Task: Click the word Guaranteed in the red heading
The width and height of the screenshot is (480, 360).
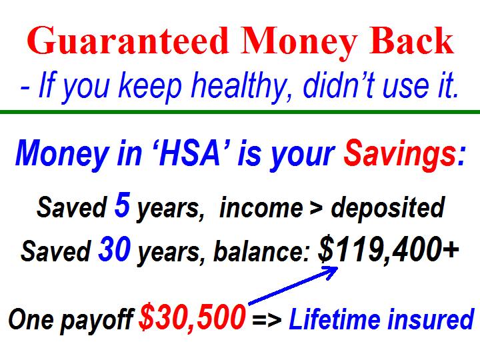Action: (x=128, y=41)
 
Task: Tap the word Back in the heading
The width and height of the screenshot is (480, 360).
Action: (x=411, y=41)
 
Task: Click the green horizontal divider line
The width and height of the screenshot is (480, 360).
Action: (x=240, y=112)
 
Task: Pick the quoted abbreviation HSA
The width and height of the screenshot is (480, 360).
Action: (x=191, y=153)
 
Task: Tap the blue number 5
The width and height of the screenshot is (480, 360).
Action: (x=123, y=205)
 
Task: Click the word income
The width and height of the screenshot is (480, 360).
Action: (x=261, y=208)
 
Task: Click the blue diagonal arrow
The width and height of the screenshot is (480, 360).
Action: (x=293, y=285)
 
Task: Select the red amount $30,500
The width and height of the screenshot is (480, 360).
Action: (x=192, y=318)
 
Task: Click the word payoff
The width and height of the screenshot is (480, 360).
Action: (x=97, y=320)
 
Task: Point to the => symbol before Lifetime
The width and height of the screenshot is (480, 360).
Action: (x=267, y=319)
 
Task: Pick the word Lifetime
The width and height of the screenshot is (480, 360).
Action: (x=335, y=319)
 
